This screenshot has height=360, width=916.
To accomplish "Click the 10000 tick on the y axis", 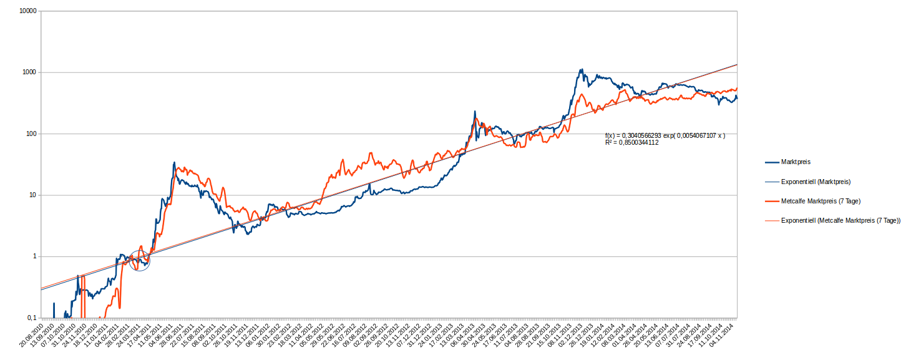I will coord(26,11).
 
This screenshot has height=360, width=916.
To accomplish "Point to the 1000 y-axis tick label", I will coord(28,72).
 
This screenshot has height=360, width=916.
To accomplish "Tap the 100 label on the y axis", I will coord(30,134).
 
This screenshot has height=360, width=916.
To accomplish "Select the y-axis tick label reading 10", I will coord(32,195).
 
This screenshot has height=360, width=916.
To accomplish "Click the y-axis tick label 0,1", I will coord(31,318).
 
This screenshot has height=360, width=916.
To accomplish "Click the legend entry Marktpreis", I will coord(796,162).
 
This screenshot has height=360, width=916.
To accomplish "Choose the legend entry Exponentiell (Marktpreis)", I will coord(816,182).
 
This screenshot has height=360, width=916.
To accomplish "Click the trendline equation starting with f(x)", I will coord(665,135).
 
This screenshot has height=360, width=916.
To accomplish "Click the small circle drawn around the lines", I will coord(140,258).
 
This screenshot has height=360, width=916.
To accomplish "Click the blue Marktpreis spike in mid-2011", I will coord(174,163).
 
